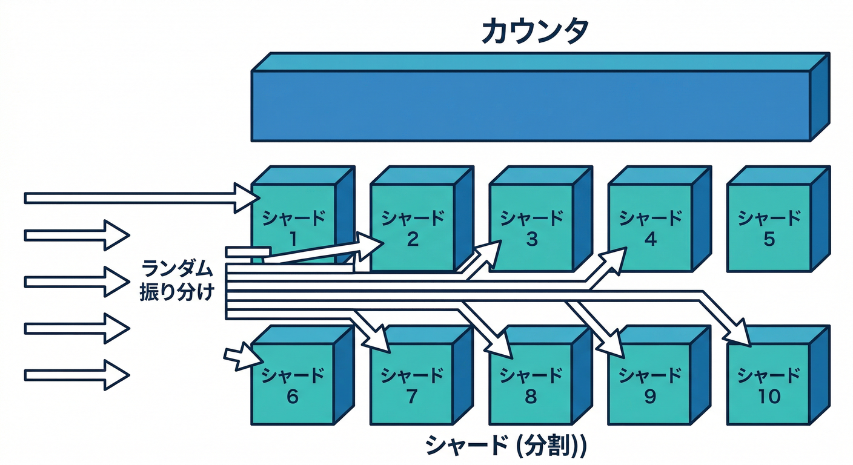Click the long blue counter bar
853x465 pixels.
[531, 106]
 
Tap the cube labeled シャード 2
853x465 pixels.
[412, 227]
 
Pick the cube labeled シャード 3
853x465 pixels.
[531, 227]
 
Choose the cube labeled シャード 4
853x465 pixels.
[649, 227]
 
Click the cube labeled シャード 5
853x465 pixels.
[768, 227]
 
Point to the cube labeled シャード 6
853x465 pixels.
[293, 384]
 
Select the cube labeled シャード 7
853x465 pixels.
[412, 384]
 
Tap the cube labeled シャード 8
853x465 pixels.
[531, 384]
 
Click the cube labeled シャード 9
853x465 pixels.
[649, 384]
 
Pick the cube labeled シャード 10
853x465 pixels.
[768, 384]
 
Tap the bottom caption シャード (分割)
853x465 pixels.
[506, 446]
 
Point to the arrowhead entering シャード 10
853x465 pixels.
[742, 337]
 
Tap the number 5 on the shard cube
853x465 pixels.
[769, 240]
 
